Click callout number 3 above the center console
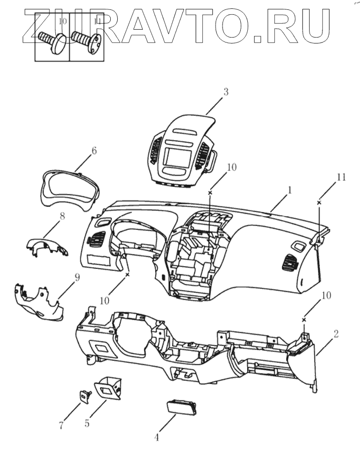pyautogui.click(x=225, y=92)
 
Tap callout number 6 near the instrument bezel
pyautogui.click(x=94, y=151)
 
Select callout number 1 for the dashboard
pyautogui.click(x=289, y=190)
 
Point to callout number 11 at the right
pyautogui.click(x=341, y=177)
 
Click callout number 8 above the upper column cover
pyautogui.click(x=62, y=216)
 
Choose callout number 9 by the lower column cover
pyautogui.click(x=77, y=277)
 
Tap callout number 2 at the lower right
pyautogui.click(x=336, y=333)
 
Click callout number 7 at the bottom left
pyautogui.click(x=61, y=425)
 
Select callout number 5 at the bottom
pyautogui.click(x=87, y=423)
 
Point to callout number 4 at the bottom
pyautogui.click(x=156, y=437)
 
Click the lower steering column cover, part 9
pyautogui.click(x=39, y=302)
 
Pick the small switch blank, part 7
pyautogui.click(x=85, y=397)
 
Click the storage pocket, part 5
pyautogui.click(x=107, y=388)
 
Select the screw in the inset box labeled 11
pyautogui.click(x=87, y=42)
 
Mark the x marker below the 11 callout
pyautogui.click(x=319, y=203)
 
